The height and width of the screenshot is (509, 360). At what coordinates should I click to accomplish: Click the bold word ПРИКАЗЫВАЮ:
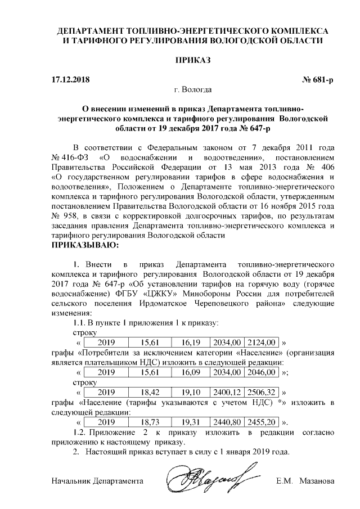pyautogui.click(x=85, y=246)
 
